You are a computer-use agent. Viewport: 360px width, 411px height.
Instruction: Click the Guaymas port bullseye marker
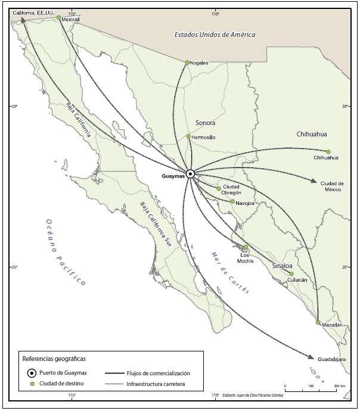coord(190,174)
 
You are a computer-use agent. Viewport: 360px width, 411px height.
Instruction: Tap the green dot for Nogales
coord(187,63)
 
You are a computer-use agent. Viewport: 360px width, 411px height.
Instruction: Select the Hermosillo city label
coord(203,138)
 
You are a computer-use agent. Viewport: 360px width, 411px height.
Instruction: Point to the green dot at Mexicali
coord(58,18)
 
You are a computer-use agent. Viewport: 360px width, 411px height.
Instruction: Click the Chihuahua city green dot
coord(328,151)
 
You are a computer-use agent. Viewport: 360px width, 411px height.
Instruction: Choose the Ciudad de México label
coord(333,186)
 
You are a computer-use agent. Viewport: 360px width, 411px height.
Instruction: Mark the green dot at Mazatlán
coord(318,322)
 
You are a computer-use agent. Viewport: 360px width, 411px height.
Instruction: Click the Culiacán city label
coord(297,279)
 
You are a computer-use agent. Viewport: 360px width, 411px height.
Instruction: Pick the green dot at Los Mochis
coord(246,247)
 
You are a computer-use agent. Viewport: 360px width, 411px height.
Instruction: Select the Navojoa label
coord(246,203)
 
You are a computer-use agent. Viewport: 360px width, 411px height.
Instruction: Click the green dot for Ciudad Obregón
coord(219,188)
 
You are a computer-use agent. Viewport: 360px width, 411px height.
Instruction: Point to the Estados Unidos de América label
coord(215,35)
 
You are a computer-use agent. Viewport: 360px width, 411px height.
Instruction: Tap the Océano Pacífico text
coord(66,253)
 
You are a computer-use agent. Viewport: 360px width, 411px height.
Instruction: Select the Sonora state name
coord(205,123)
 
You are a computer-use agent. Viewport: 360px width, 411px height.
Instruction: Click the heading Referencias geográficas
coord(54,359)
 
